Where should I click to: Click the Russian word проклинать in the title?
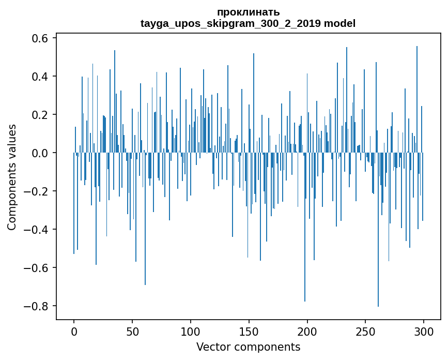(248, 12)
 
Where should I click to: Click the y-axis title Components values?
(12, 177)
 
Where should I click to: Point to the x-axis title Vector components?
(248, 347)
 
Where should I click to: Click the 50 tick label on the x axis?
(132, 331)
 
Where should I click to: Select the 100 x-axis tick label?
(191, 331)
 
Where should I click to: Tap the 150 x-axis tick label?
(249, 331)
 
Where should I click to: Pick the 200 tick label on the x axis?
(307, 331)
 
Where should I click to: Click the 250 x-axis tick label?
(365, 331)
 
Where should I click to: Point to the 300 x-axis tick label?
(424, 331)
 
